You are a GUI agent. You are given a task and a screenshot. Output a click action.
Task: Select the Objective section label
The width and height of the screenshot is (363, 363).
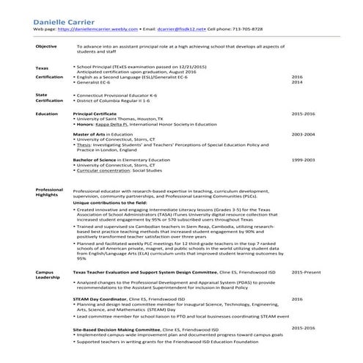pyautogui.click(x=46, y=46)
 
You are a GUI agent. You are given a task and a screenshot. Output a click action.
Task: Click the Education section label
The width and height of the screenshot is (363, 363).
pyautogui.click(x=47, y=114)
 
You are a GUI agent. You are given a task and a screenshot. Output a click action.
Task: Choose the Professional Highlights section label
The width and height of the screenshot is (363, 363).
pyautogui.click(x=49, y=193)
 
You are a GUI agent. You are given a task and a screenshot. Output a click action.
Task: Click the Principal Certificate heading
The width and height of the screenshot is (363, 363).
pyautogui.click(x=96, y=114)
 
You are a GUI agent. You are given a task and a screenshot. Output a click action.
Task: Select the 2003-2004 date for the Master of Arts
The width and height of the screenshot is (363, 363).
pyautogui.click(x=303, y=135)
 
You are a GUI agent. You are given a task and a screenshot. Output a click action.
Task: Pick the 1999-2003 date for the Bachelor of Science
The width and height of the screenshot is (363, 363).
pyautogui.click(x=303, y=159)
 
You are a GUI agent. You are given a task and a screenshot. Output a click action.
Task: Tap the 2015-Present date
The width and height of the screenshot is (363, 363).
pyautogui.click(x=306, y=272)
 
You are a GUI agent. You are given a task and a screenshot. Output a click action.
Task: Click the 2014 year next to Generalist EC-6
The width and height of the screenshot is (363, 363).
pyautogui.click(x=297, y=83)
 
